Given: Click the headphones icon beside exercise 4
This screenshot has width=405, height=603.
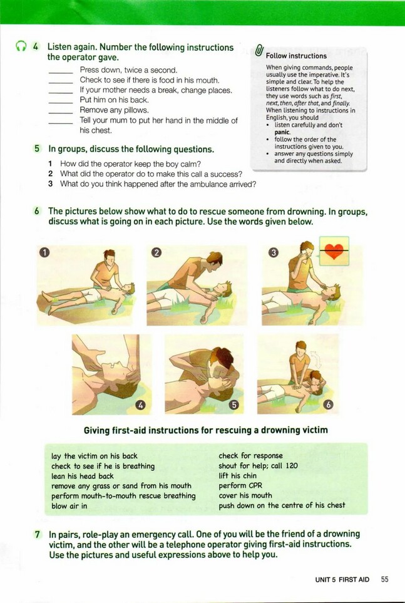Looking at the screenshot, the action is [21, 46].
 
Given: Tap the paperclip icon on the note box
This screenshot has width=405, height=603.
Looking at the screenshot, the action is [259, 50].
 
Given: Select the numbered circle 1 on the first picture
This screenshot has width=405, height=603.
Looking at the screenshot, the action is [44, 252].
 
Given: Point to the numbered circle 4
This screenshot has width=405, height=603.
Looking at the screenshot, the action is [141, 405].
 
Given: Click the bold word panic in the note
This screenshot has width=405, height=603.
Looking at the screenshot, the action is [282, 132].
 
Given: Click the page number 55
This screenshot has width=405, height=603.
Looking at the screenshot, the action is [384, 579].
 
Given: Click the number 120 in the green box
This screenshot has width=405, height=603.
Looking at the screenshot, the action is [292, 466].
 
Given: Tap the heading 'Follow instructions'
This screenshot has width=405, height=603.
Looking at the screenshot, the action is [296, 56].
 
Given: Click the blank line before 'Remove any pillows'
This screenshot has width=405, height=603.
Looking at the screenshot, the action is [61, 113].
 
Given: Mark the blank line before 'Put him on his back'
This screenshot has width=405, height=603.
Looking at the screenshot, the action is [61, 103].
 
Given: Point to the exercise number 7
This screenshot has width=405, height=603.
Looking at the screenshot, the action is [38, 534].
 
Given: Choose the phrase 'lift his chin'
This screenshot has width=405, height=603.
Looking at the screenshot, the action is [238, 476].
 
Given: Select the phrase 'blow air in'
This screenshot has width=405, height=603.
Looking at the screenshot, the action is [69, 506].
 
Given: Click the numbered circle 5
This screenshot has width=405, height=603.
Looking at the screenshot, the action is [233, 405].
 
